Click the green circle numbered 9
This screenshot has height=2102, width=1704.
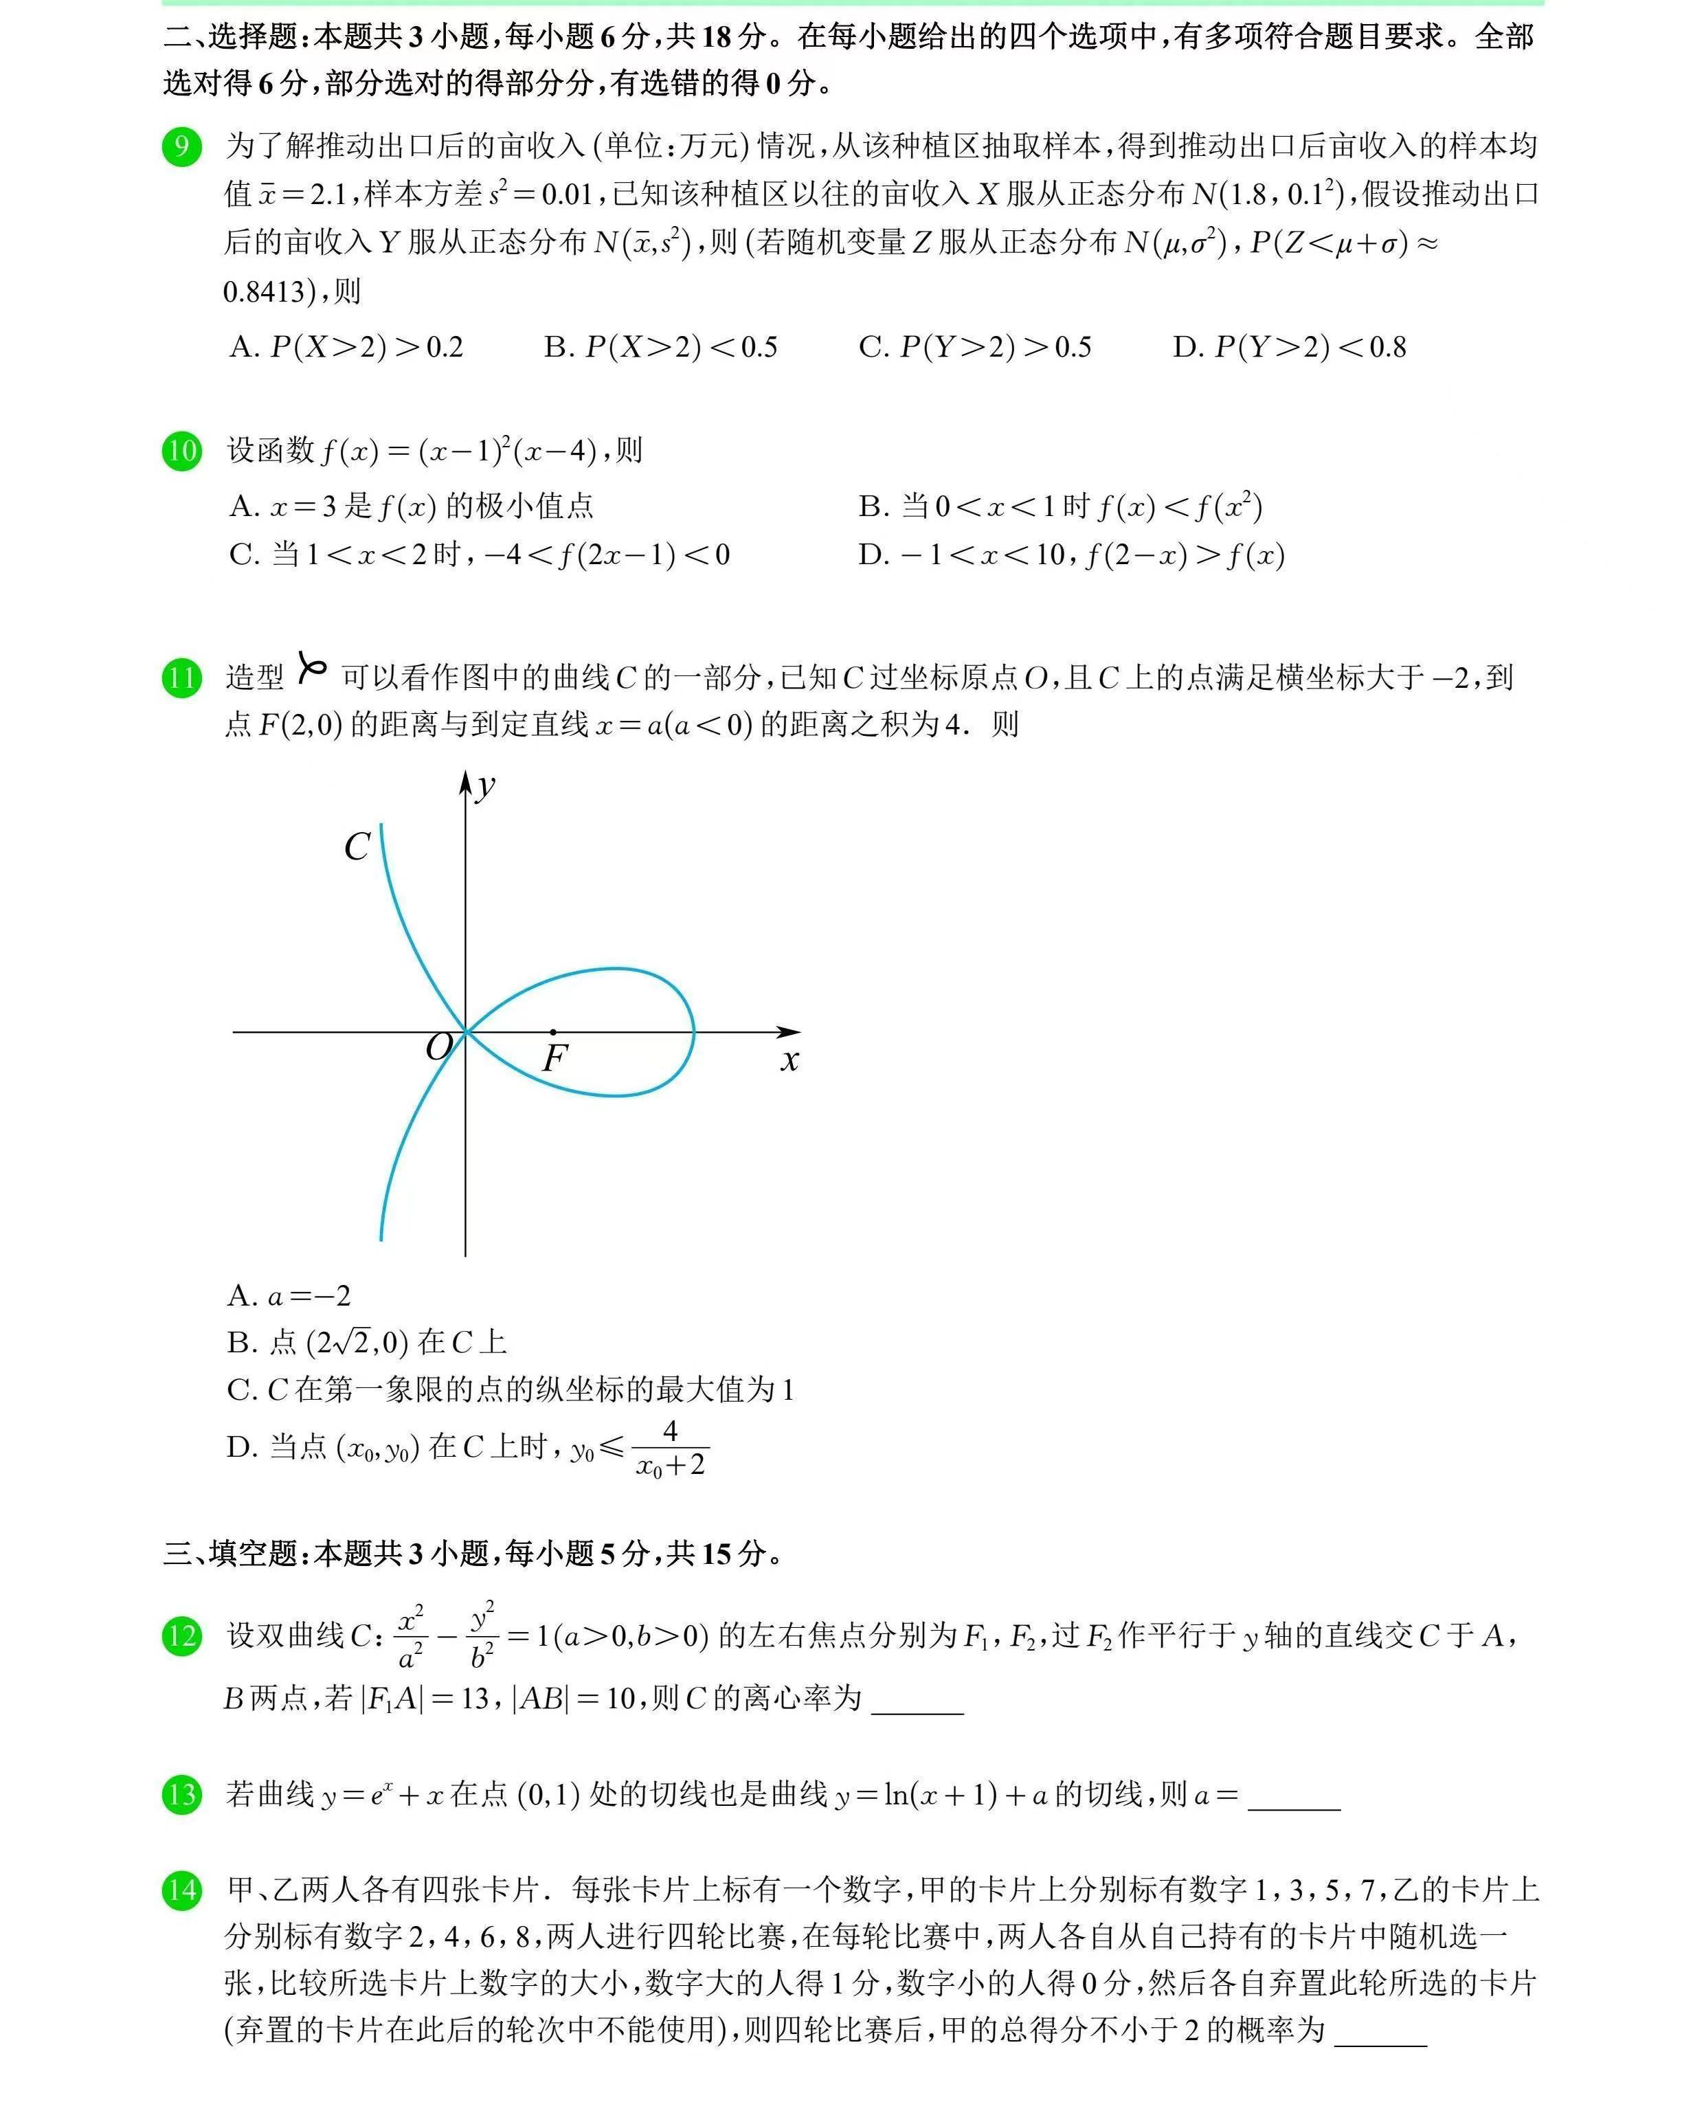click(x=181, y=147)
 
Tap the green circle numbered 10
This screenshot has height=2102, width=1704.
click(x=181, y=451)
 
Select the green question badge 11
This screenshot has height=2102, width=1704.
click(x=181, y=678)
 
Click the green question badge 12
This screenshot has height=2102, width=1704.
click(x=181, y=1635)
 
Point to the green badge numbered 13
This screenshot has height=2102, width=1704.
click(x=181, y=1795)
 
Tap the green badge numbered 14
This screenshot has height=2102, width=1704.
click(x=181, y=1890)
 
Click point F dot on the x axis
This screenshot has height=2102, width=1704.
click(x=554, y=1032)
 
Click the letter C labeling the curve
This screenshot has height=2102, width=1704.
click(x=357, y=847)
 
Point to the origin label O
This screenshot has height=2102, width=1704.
click(x=439, y=1047)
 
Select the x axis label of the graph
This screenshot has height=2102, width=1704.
click(x=790, y=1060)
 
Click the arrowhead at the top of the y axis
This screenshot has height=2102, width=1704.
click(x=465, y=781)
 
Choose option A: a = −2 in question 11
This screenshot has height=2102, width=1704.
click(x=289, y=1296)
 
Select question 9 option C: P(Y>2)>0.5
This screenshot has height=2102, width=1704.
click(x=975, y=348)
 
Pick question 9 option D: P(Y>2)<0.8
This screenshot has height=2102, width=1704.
click(x=1289, y=348)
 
